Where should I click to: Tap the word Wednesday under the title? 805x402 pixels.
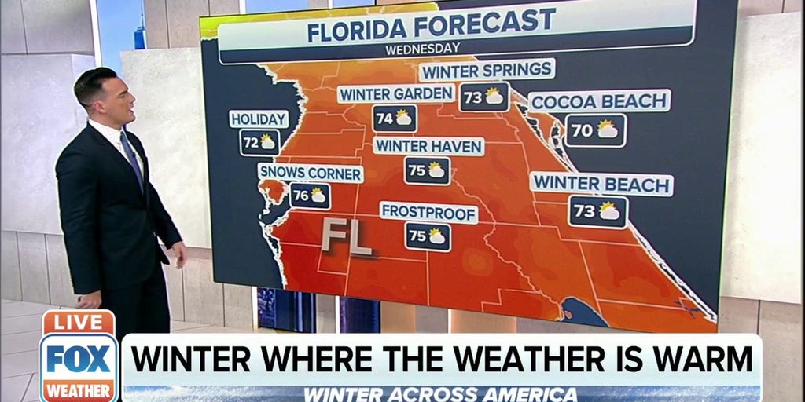tap(422, 49)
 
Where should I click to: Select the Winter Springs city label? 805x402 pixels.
tap(487, 71)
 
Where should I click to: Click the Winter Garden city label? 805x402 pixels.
tap(396, 94)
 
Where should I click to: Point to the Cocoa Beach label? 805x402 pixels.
tap(600, 101)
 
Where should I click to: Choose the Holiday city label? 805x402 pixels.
tap(259, 119)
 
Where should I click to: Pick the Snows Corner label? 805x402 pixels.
tap(311, 173)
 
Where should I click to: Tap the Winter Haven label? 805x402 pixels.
tap(428, 146)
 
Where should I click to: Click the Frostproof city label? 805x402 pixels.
tap(428, 212)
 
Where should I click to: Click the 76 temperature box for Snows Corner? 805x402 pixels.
tap(310, 196)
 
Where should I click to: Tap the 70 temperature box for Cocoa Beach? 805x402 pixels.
tap(595, 130)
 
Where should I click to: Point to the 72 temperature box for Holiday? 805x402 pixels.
tap(259, 142)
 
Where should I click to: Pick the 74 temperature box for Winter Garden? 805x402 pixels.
tap(395, 119)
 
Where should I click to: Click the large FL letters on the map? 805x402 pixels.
tap(345, 237)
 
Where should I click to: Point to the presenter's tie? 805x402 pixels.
tap(131, 157)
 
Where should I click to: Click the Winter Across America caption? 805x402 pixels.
tap(440, 393)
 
